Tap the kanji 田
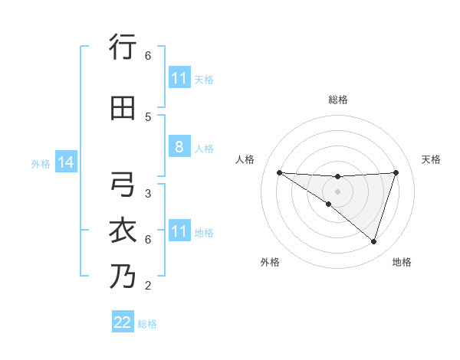click(x=123, y=108)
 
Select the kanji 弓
click(x=123, y=185)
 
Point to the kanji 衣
click(x=123, y=231)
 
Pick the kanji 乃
click(x=123, y=276)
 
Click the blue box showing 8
click(x=179, y=148)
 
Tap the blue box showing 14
click(x=65, y=162)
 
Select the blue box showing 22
click(x=123, y=322)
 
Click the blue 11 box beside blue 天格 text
click(x=179, y=78)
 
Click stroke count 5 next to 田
click(x=148, y=116)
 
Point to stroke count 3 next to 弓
click(x=148, y=194)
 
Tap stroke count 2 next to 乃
click(x=148, y=286)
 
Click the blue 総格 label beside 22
click(x=147, y=324)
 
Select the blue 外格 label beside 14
click(x=41, y=163)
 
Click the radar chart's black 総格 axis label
click(x=337, y=100)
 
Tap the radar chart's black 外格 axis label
click(x=270, y=262)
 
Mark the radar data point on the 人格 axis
click(x=279, y=172)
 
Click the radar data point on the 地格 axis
click(x=373, y=241)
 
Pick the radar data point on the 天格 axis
click(x=396, y=172)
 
